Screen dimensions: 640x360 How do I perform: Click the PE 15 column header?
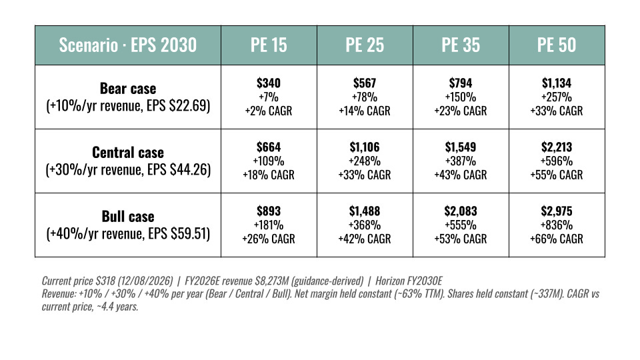point(269,45)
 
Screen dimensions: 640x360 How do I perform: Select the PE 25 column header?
point(365,45)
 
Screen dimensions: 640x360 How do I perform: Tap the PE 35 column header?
point(461,45)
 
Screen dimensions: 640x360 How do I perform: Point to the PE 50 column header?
point(556,45)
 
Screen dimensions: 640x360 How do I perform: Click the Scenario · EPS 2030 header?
point(128,45)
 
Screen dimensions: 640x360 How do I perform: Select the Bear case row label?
point(128,89)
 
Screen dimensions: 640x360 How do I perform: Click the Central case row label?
point(128,153)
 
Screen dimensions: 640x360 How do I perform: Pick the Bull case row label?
point(128,217)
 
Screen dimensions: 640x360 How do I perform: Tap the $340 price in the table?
point(269,83)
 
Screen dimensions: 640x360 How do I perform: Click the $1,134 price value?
point(556,83)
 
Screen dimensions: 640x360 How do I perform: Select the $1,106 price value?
point(365,147)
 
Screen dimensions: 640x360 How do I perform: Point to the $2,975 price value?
point(556,211)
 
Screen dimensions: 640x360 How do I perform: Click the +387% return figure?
point(461,161)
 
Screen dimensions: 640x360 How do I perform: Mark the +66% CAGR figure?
point(556,239)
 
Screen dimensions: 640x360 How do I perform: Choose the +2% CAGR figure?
point(269,111)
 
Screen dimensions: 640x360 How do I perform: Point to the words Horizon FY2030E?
point(409,281)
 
